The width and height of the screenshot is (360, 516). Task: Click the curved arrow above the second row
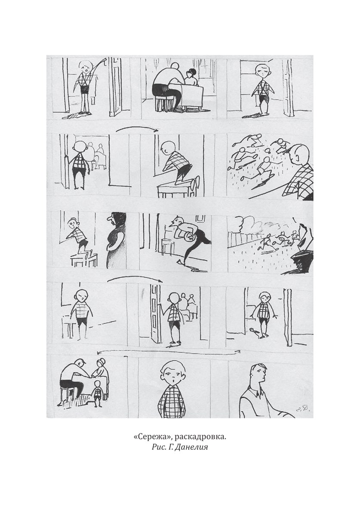click(x=137, y=128)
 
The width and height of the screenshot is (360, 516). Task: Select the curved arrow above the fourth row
click(x=135, y=278)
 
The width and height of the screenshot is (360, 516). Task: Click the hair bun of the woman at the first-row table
click(x=192, y=71)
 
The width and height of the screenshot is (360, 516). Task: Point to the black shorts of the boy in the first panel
click(x=84, y=89)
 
